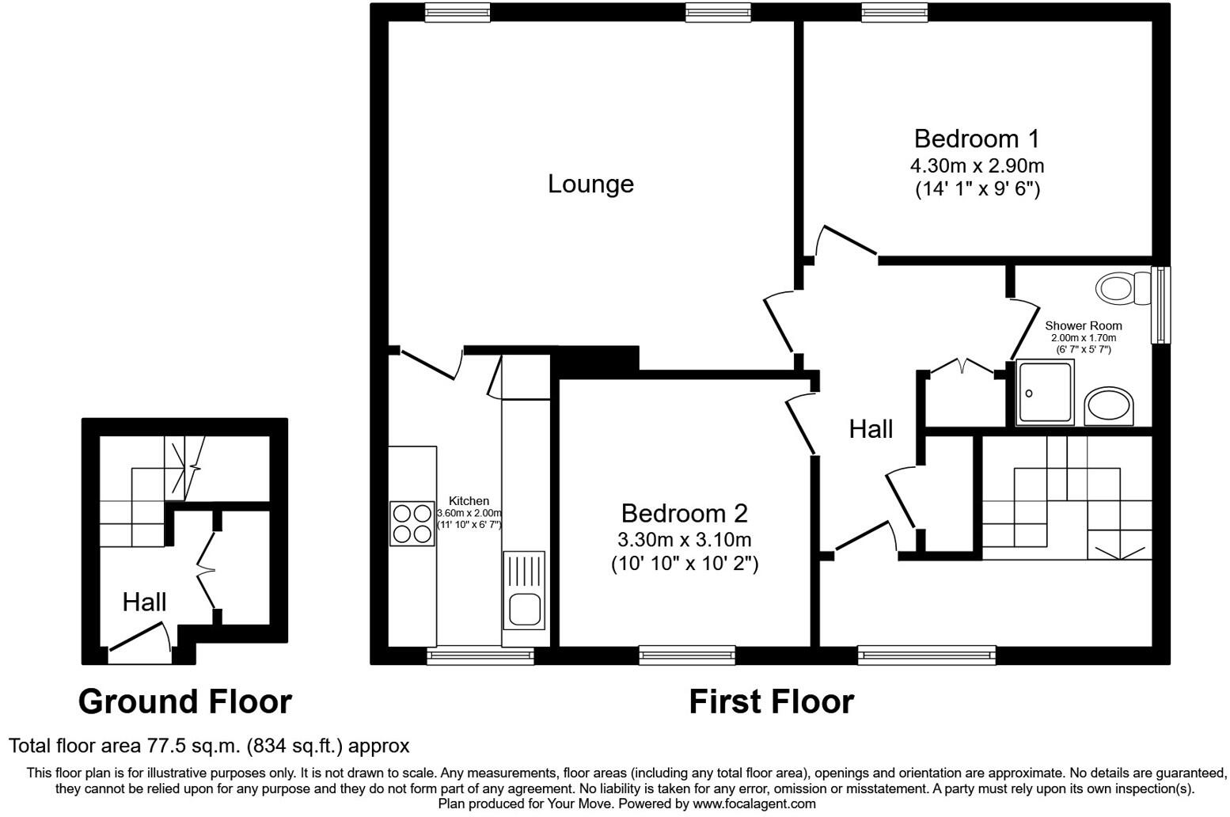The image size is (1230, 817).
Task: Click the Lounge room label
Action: coord(590,184)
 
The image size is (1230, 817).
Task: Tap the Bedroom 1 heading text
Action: coord(976,139)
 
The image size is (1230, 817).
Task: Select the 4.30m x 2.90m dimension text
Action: coord(977,166)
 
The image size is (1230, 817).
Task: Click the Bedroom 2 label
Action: coord(684,513)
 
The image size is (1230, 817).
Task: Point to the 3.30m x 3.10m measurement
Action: coord(684,540)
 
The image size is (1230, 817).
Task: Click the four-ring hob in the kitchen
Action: coord(412,523)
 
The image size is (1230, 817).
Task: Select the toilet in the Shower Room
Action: coord(1122,287)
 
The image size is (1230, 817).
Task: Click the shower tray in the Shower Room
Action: coord(1046,392)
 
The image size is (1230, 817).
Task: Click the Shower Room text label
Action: coord(1083,325)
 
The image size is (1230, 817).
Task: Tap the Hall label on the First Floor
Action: coord(871,429)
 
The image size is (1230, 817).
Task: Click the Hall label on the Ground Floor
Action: coord(144,602)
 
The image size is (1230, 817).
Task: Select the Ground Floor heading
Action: coord(185,701)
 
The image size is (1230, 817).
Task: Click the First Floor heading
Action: coord(771,701)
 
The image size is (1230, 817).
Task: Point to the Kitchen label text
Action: coord(469,500)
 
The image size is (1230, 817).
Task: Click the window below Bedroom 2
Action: coord(686,654)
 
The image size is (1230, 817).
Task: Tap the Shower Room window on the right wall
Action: coord(1160,305)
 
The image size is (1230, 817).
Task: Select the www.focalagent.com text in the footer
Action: coord(754,804)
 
